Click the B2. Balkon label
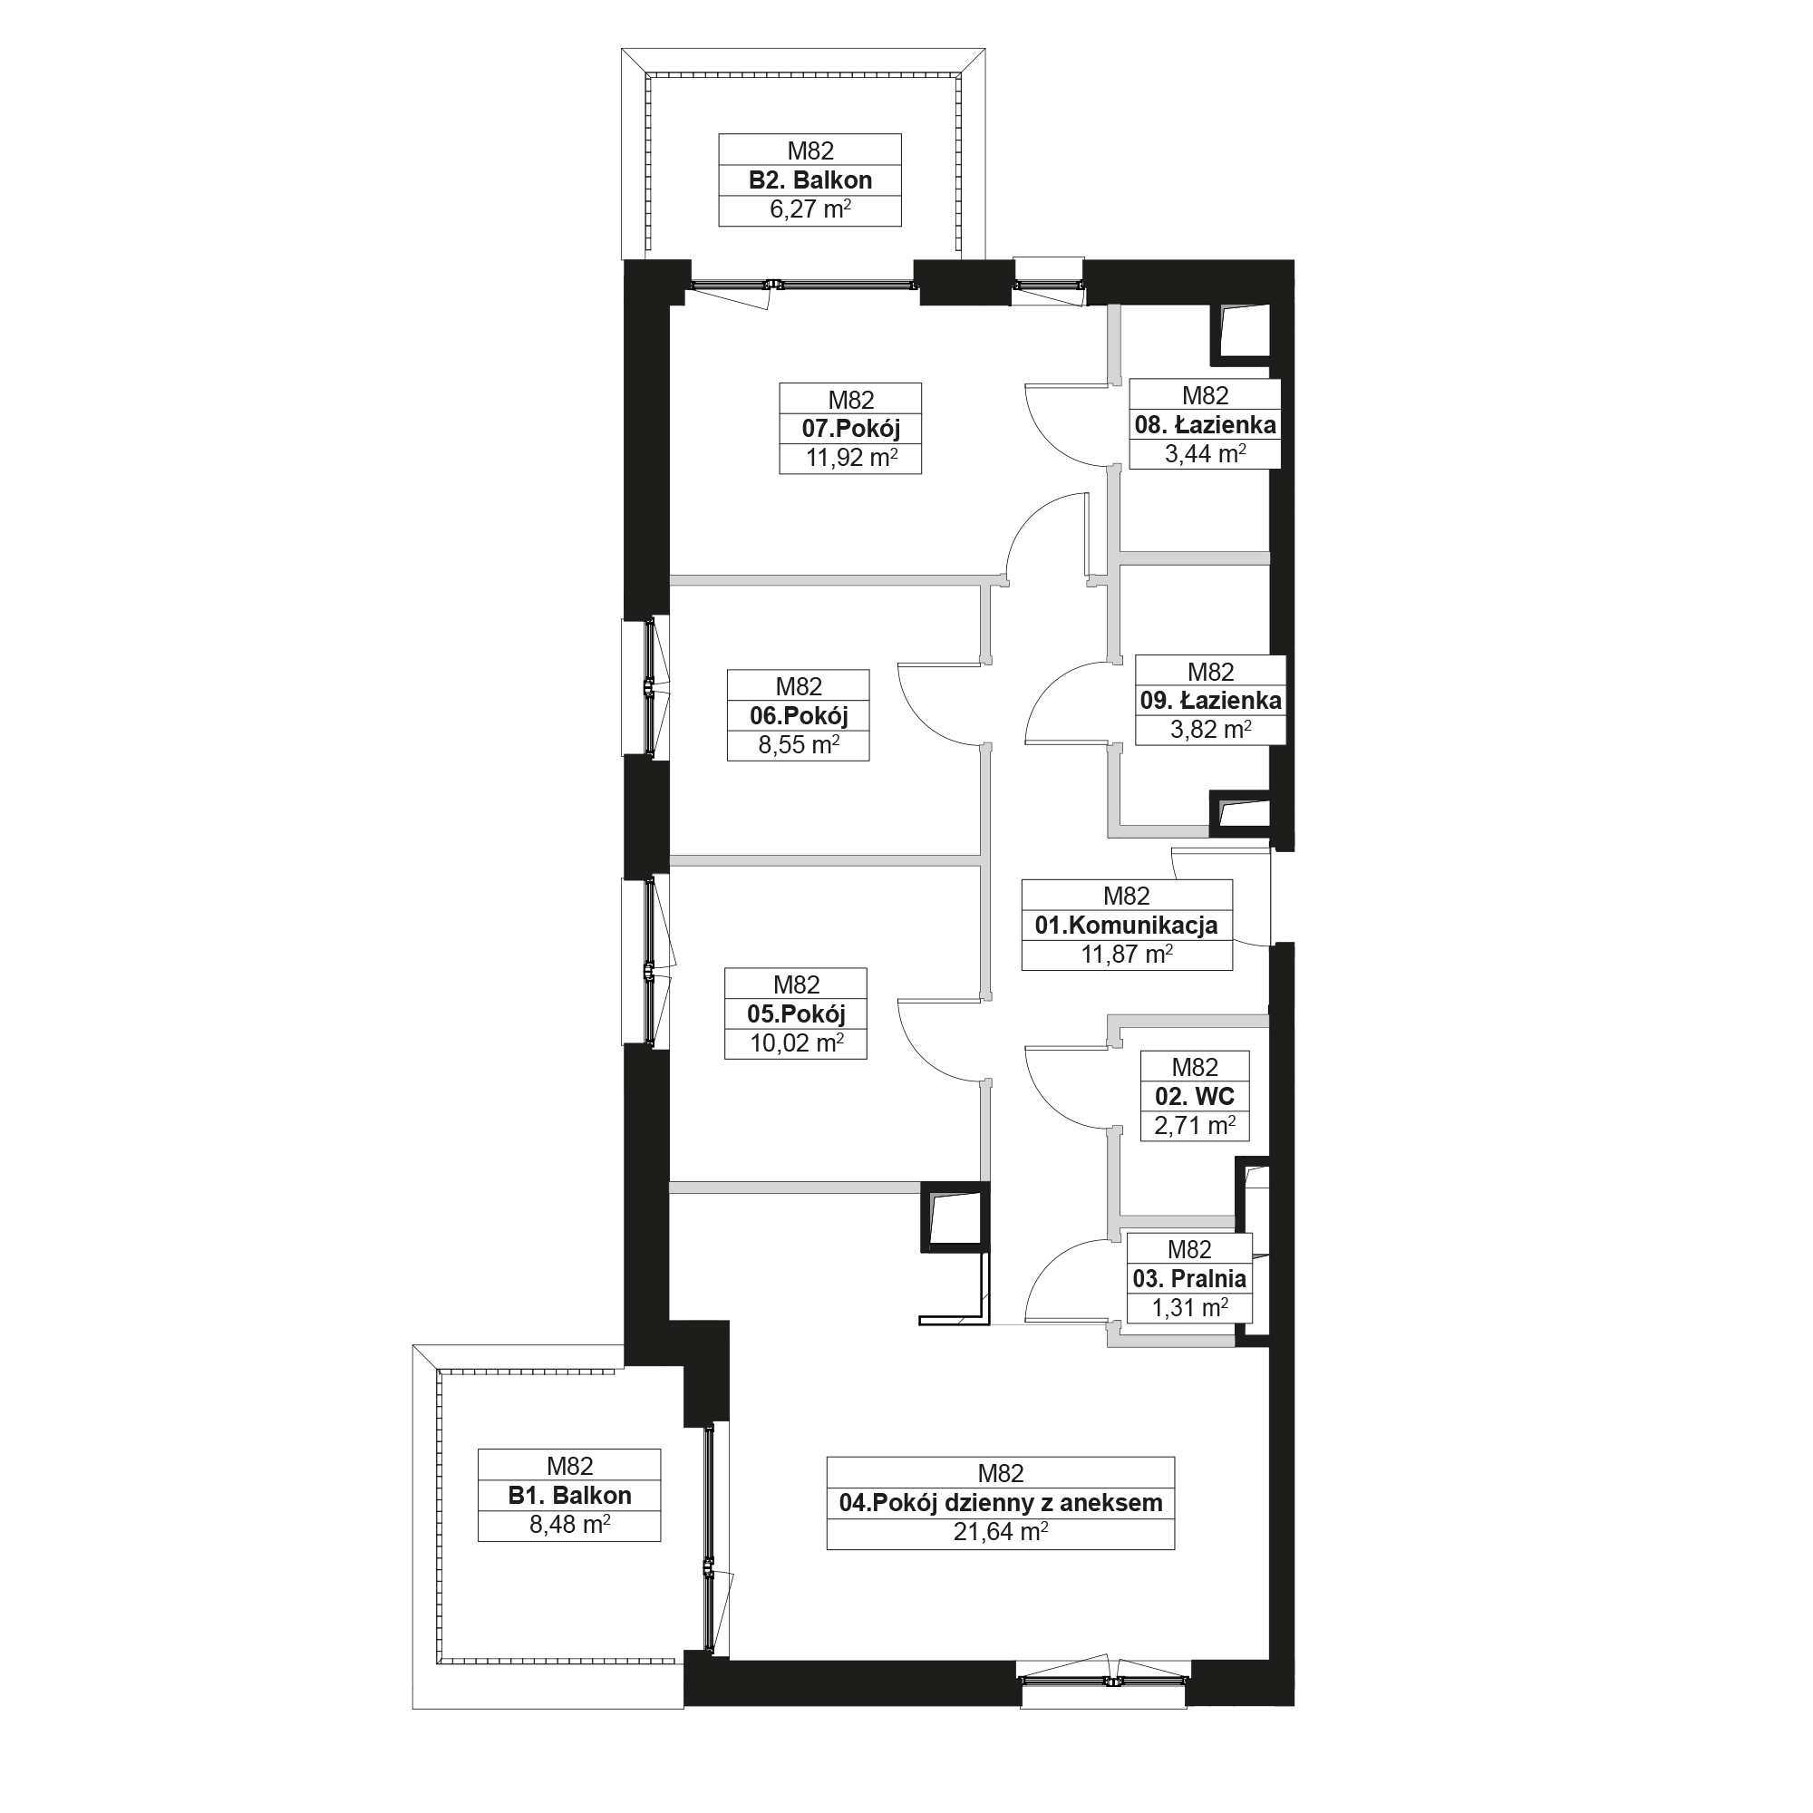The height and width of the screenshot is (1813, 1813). (810, 180)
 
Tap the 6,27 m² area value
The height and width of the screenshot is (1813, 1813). (810, 209)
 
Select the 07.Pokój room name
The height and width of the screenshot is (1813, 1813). (850, 429)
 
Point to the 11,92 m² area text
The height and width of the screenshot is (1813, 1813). (850, 458)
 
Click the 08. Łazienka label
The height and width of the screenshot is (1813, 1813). (1205, 425)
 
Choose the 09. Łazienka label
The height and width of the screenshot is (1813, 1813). (1210, 700)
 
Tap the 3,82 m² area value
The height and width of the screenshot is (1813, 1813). (1210, 729)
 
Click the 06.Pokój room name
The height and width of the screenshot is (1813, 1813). (799, 716)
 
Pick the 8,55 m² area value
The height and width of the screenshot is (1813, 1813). (799, 745)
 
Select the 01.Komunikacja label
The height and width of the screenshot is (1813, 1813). (1126, 926)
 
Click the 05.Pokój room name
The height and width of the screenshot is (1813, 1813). (796, 1013)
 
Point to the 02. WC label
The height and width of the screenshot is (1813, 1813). (1195, 1096)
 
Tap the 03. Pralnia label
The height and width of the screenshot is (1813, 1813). (1189, 1278)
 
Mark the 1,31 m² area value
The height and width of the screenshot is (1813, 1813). (1189, 1307)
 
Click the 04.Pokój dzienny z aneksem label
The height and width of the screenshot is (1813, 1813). (1001, 1502)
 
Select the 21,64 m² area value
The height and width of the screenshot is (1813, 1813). (1001, 1531)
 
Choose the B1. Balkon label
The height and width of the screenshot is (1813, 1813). (569, 1496)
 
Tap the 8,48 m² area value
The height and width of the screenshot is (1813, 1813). (569, 1525)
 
